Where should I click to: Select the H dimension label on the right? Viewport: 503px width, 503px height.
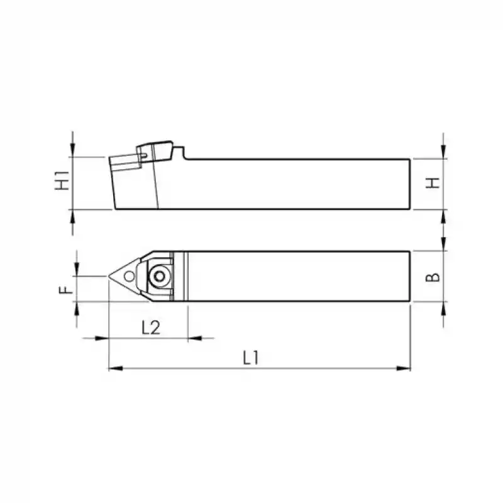pyautogui.click(x=433, y=183)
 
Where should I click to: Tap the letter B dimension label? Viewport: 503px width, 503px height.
pyautogui.click(x=433, y=276)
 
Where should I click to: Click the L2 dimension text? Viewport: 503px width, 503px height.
pyautogui.click(x=150, y=327)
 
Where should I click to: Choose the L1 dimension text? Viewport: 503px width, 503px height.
pyautogui.click(x=251, y=358)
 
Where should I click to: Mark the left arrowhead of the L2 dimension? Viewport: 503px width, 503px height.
pyautogui.click(x=103, y=338)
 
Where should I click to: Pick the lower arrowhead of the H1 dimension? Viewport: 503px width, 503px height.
pyautogui.click(x=73, y=215)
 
